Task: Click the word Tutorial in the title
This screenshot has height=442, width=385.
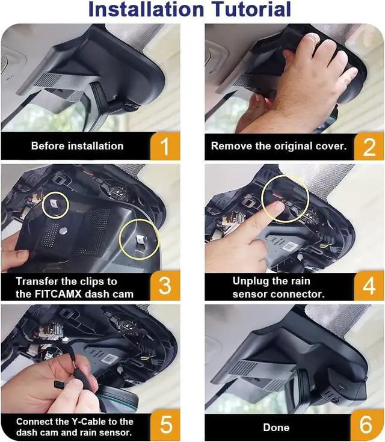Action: coord(251,9)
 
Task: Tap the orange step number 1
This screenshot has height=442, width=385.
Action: coord(165,147)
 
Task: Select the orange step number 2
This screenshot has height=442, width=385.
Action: coord(369,147)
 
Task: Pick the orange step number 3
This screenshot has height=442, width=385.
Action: coord(165,286)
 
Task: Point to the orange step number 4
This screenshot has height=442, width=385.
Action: coord(369,286)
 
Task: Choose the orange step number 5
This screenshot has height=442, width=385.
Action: coord(166,425)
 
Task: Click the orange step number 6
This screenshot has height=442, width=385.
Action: coord(366,425)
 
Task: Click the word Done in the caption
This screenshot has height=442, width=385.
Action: coord(276,428)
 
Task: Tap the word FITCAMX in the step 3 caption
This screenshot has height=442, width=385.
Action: coord(58,294)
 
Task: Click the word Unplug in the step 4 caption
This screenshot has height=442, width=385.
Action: coord(250,281)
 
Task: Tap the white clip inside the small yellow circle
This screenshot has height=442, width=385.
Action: coord(54,203)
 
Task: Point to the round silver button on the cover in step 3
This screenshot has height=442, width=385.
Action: coord(63,231)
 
